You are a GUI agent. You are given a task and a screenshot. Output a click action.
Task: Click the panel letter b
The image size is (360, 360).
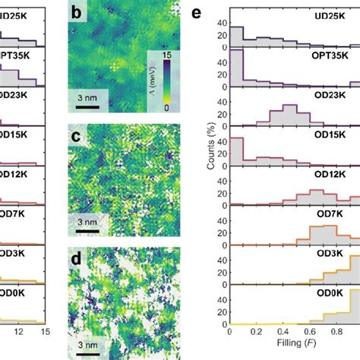coord(77,14)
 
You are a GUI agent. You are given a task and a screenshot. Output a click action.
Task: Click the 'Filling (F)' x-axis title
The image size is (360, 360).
coord(293,352)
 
